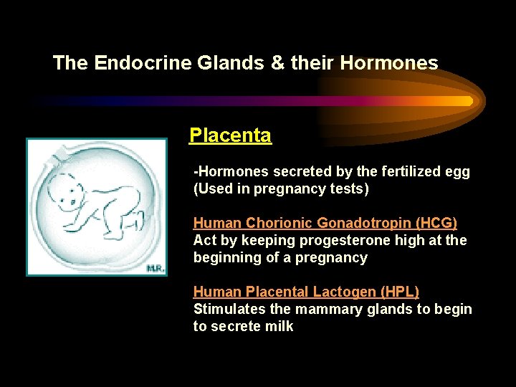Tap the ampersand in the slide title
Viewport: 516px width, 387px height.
pos(277,63)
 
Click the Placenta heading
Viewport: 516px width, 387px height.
pos(230,135)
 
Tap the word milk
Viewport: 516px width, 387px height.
pos(279,326)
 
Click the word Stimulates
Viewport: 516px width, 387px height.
pos(225,309)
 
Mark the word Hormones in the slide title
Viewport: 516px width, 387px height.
pos(389,63)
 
